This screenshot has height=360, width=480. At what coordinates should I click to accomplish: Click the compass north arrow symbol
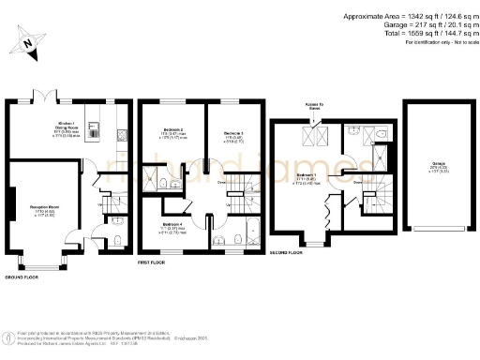(28, 42)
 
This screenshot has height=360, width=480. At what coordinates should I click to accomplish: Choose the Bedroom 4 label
(172, 225)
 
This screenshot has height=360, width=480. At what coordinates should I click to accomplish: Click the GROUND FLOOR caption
(25, 278)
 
